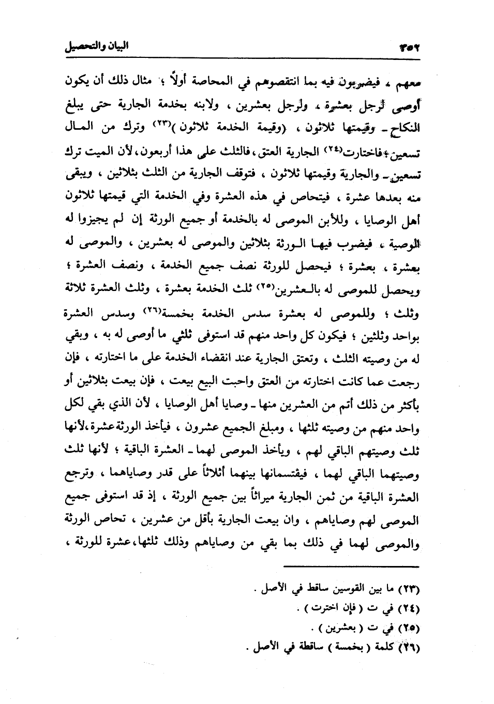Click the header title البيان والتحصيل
[x=96, y=47]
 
